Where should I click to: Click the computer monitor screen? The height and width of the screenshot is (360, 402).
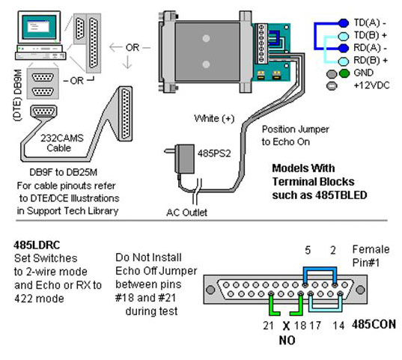point(39,26)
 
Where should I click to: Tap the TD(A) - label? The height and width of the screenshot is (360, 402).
point(370,22)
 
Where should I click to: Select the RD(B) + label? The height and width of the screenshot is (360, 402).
point(371,61)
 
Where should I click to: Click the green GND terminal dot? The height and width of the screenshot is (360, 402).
point(344,73)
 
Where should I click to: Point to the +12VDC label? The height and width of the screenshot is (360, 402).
point(371,85)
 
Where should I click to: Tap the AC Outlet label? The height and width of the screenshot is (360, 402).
point(186,213)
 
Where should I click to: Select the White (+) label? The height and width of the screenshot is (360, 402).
point(214,118)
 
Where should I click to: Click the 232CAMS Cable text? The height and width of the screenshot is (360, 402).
point(62,143)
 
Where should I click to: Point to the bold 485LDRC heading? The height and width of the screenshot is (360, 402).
point(37,245)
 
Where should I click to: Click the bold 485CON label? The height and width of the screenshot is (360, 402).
point(374,324)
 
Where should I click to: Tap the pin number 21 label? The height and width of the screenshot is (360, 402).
point(268,326)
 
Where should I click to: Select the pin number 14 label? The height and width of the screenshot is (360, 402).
point(338,326)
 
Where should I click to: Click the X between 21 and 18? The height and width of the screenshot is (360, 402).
point(286,326)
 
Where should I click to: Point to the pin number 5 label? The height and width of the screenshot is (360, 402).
point(308,250)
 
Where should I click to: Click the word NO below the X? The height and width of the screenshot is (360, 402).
point(287,341)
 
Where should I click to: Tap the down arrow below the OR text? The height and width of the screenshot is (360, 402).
point(127,62)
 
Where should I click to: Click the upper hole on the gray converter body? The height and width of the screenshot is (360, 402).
point(206,38)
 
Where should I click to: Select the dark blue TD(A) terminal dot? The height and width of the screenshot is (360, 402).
point(343,23)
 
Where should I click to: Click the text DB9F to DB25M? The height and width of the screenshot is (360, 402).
point(64,172)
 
